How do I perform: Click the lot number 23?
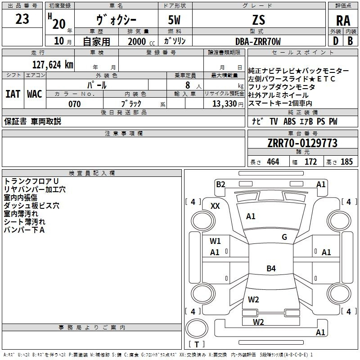pos(22,19)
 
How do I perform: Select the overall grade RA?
pos(343,21)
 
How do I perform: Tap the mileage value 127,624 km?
pos(53,65)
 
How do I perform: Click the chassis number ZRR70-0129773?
pos(302,143)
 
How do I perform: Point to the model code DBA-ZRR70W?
pos(258,41)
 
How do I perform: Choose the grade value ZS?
pos(258,20)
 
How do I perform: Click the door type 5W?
pos(174,20)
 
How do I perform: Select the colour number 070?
pos(75,104)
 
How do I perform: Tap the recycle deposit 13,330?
pos(224,104)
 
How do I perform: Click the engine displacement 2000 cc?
pos(141,41)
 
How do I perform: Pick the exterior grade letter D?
pos(336,41)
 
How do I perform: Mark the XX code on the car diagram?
pos(215,206)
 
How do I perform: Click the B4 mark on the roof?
pos(271,268)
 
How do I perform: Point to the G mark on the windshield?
pos(284,237)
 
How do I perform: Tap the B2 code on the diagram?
pos(220,184)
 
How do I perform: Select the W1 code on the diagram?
pos(215,241)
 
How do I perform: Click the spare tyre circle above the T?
pos(197,328)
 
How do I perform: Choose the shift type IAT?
pos(13,94)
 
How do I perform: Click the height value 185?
pos(346,162)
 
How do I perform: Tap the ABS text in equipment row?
pos(289,121)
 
